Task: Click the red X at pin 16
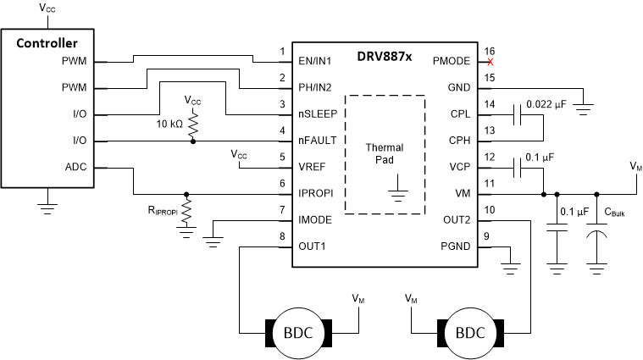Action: tap(489, 62)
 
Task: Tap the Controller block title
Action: tap(48, 43)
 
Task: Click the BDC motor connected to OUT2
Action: tap(469, 332)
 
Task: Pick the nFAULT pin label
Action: tap(319, 141)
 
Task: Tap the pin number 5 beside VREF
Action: tap(282, 157)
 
